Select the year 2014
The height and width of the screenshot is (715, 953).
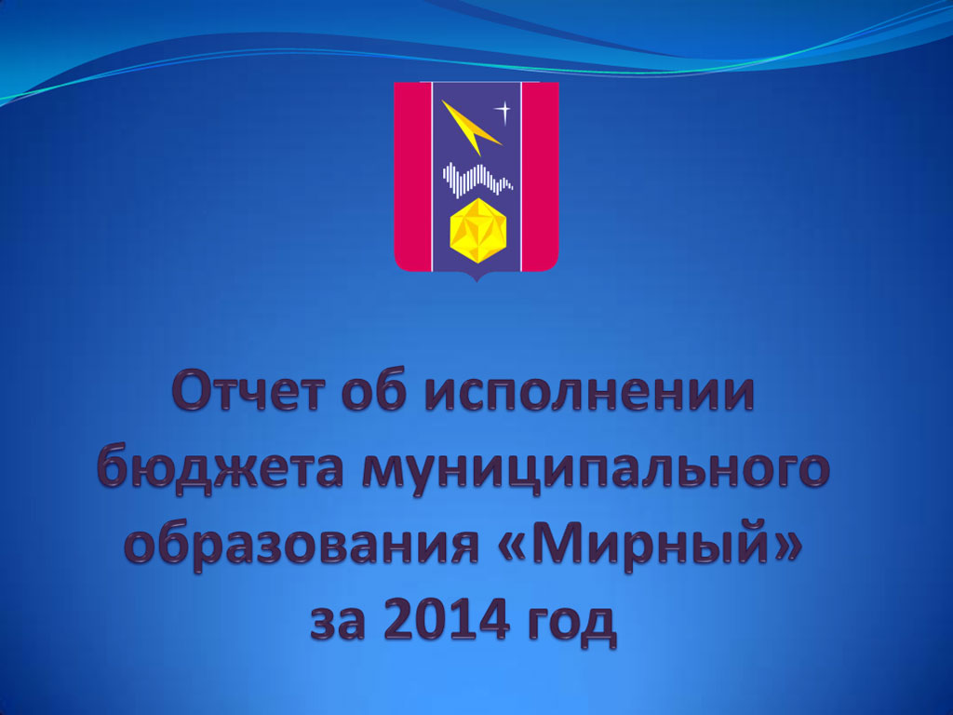[x=447, y=617]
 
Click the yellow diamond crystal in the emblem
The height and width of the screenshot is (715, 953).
[x=477, y=231]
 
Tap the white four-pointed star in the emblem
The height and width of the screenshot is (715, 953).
[x=503, y=112]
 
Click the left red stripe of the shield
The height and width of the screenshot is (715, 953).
[x=412, y=176]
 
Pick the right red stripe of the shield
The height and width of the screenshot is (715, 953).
[x=541, y=176]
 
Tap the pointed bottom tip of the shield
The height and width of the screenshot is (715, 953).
[x=476, y=281]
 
